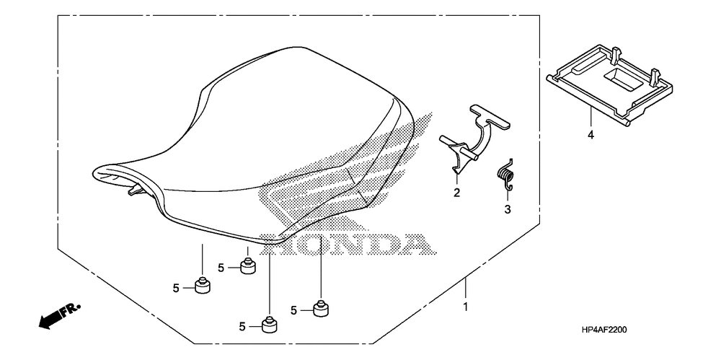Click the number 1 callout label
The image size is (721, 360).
point(465,307)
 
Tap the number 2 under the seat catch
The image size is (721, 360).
point(456,193)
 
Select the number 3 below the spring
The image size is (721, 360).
point(508,209)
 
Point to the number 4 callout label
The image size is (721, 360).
point(591,136)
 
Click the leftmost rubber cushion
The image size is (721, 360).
point(202,286)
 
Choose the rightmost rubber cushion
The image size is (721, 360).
point(321,309)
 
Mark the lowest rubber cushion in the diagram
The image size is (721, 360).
point(270,325)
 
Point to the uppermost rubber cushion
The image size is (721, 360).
point(248,265)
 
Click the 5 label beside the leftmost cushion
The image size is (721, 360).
point(176,288)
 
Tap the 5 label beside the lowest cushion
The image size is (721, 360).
point(242,327)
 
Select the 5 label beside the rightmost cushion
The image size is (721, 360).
point(294,311)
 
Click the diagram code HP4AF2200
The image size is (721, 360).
point(603,330)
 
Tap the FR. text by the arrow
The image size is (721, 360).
point(71,309)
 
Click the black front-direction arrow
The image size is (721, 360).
point(50,320)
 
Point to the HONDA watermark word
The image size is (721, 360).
point(346,244)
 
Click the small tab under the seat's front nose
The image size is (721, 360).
point(136,189)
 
